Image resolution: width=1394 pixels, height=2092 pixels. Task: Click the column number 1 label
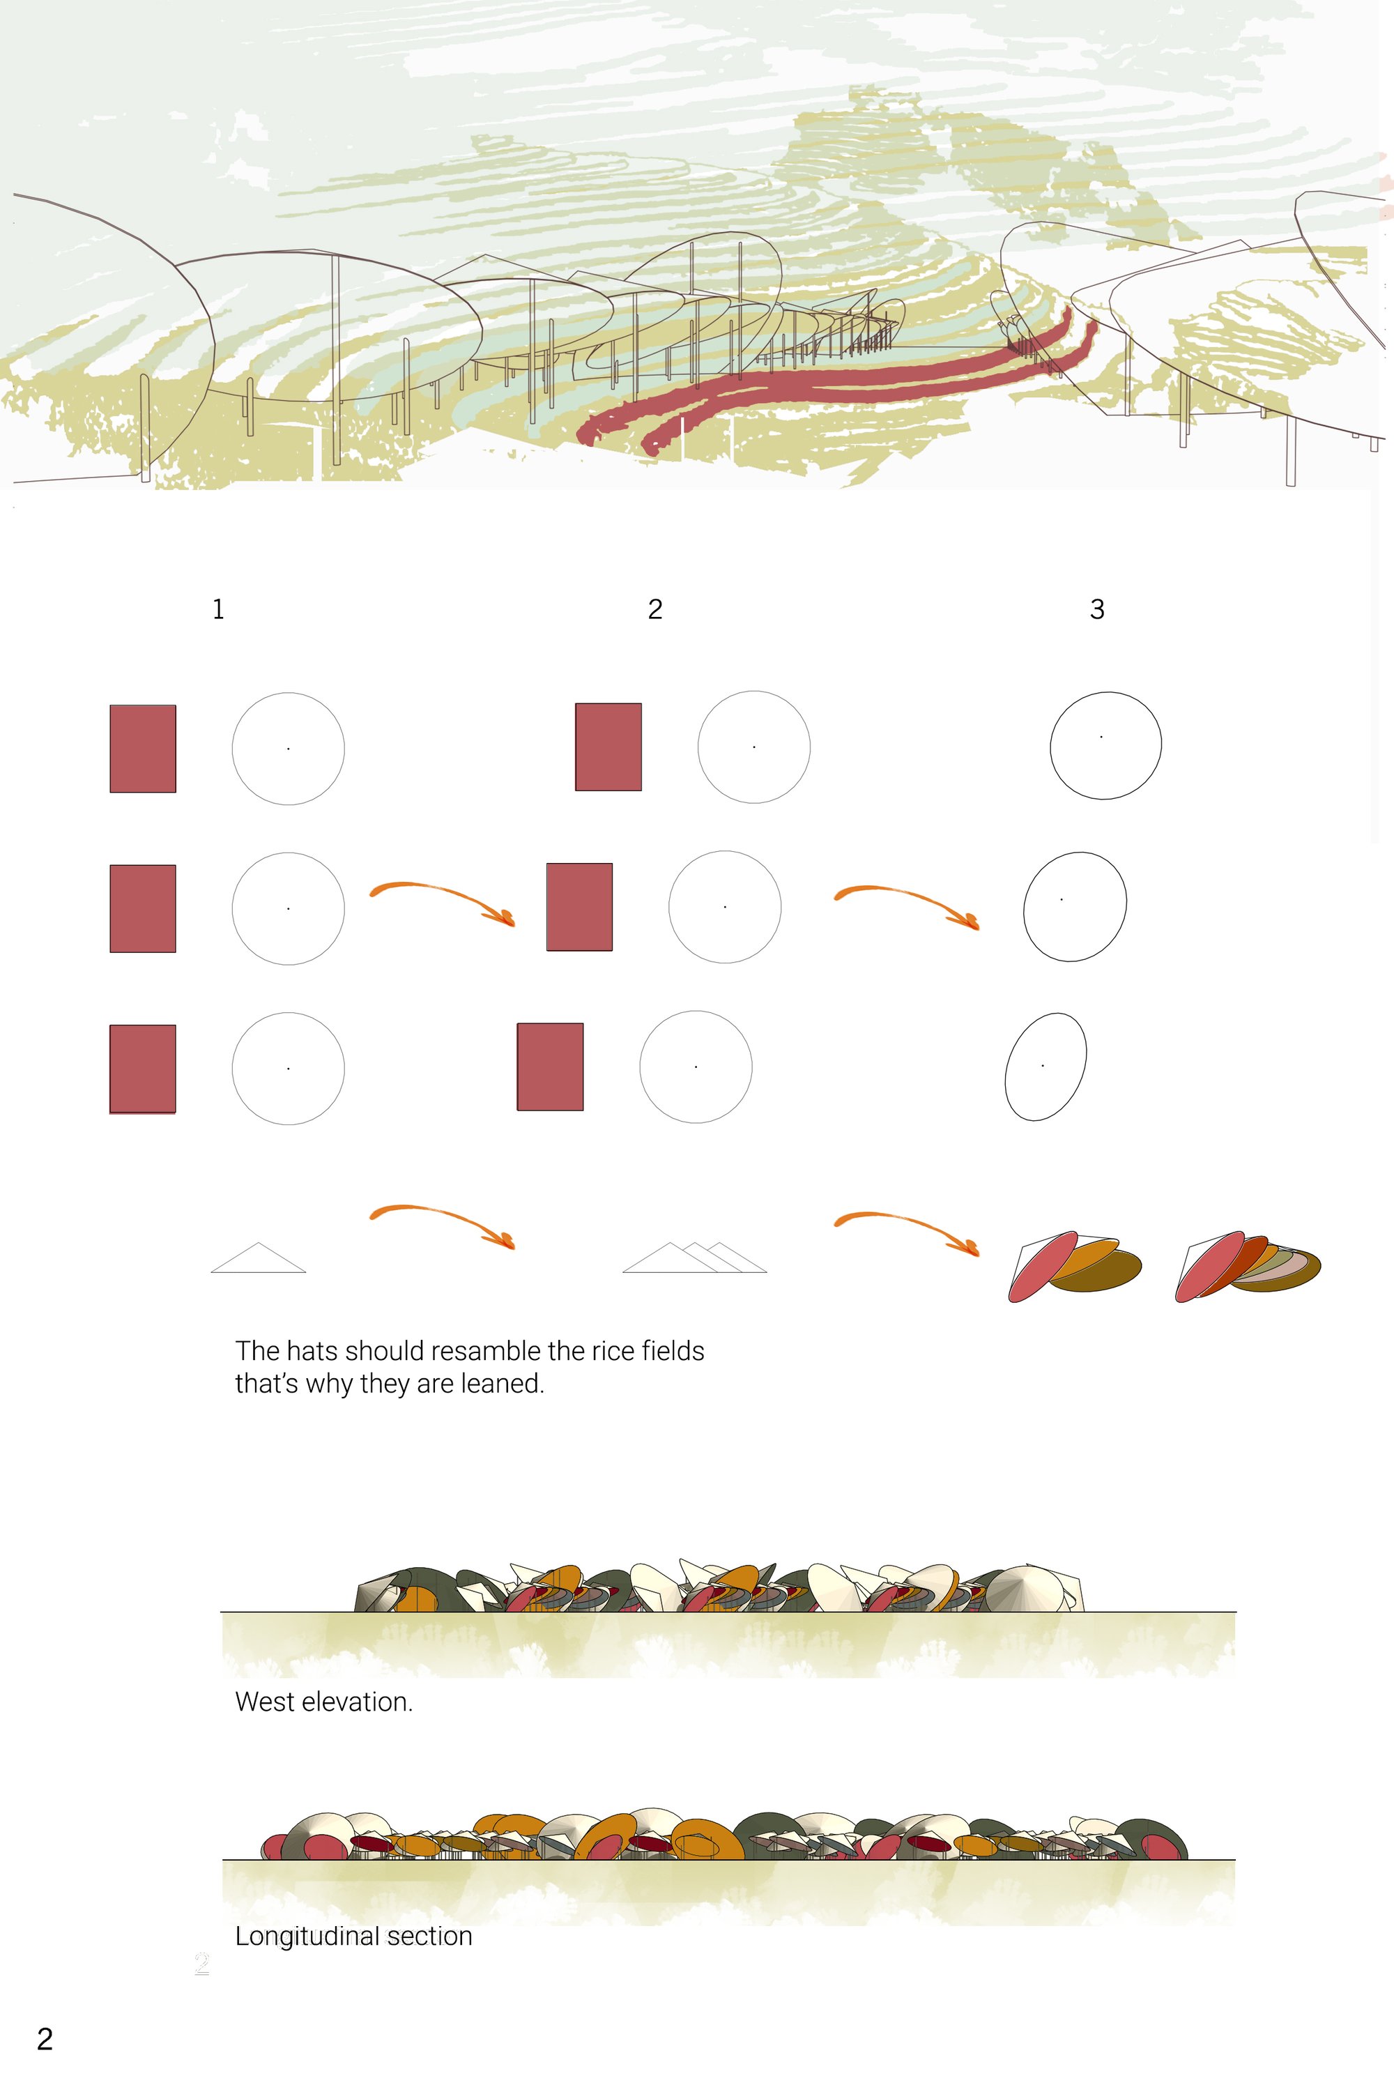[x=217, y=609]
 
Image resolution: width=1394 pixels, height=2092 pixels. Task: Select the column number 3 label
[x=1097, y=609]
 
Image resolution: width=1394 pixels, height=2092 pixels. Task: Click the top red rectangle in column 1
[x=143, y=749]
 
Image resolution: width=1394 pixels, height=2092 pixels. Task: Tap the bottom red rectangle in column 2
[x=551, y=1067]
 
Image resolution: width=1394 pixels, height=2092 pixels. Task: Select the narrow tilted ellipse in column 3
[x=1045, y=1066]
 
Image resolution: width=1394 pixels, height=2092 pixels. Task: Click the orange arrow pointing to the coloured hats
[x=907, y=1221]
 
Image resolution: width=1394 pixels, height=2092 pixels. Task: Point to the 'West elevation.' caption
[x=323, y=1702]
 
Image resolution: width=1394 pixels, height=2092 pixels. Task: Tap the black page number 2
[x=45, y=2038]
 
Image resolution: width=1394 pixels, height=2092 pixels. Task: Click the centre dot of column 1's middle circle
[x=288, y=908]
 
